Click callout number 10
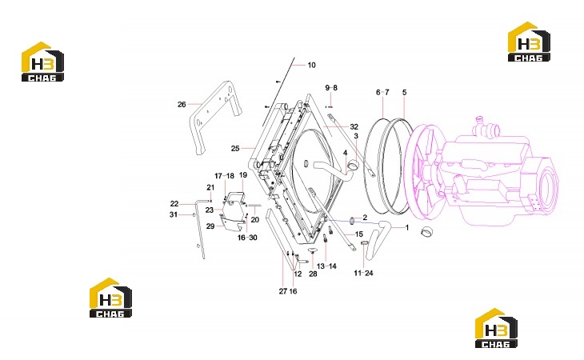(311, 65)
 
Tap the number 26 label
(182, 105)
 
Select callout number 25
(235, 149)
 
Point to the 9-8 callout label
(331, 88)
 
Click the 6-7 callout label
(382, 92)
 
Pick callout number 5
(405, 92)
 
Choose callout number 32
(354, 127)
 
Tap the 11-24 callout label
(363, 274)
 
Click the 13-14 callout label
(326, 266)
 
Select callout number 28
(313, 274)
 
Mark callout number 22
(174, 204)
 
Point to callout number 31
(174, 214)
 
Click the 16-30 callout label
(247, 238)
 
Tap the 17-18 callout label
(224, 176)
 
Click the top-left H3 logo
(42, 62)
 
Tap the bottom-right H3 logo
(496, 328)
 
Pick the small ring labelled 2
(352, 221)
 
